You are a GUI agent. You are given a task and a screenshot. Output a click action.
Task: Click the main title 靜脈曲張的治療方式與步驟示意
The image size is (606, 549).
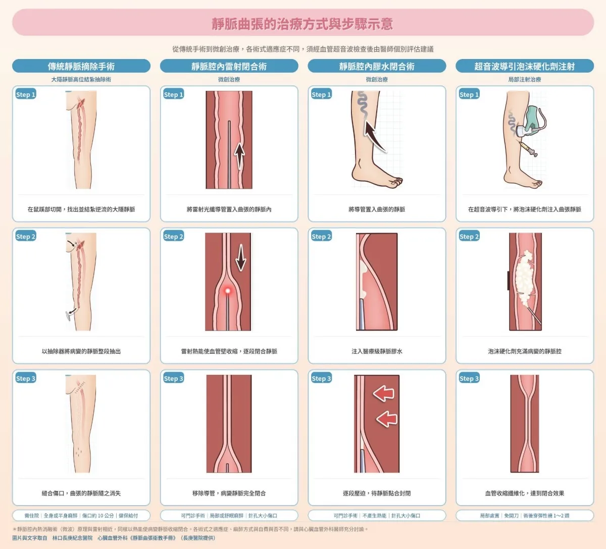[x=302, y=24]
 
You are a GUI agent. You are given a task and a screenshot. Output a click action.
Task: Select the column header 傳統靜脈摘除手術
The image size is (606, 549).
[x=81, y=66]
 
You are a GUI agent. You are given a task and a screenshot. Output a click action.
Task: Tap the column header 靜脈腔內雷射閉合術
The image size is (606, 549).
[x=229, y=66]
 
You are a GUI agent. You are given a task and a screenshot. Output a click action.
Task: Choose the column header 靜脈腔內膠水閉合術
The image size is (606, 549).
[x=377, y=66]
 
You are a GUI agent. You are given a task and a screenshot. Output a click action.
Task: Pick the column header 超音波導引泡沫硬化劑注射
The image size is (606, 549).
[x=525, y=66]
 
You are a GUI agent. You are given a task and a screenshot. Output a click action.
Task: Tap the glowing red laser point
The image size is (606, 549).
[x=227, y=291]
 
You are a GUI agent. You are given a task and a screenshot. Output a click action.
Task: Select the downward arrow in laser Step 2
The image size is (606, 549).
[x=241, y=257]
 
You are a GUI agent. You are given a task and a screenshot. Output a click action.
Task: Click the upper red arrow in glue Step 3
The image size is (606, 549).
[x=384, y=393]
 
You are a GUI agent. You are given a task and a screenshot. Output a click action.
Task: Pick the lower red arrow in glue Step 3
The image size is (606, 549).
[x=387, y=419]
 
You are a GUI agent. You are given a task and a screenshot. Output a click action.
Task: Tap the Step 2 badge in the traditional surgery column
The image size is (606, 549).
[x=26, y=237]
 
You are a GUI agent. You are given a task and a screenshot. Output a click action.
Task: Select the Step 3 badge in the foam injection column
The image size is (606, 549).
[x=469, y=378]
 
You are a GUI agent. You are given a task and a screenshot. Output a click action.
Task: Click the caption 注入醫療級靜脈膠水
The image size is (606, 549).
[x=377, y=351]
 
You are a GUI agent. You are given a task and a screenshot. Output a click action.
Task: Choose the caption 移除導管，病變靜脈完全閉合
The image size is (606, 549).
[x=229, y=493]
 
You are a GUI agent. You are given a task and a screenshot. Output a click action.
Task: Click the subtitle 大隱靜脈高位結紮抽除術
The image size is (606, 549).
[x=81, y=79]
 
